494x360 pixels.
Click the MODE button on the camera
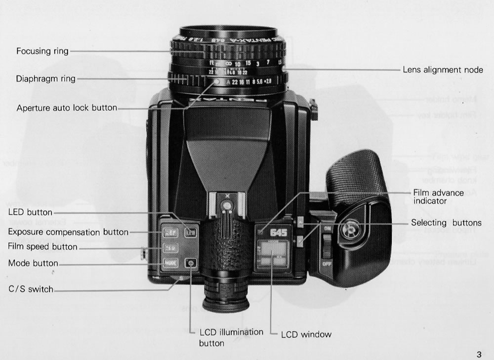[170, 263]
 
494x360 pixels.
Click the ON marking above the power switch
[327, 229]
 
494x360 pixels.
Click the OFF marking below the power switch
[327, 263]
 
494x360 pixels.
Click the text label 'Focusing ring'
[42, 51]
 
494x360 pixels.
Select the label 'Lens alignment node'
[443, 70]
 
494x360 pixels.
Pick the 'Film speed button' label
[42, 246]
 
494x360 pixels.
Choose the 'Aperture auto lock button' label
[67, 108]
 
